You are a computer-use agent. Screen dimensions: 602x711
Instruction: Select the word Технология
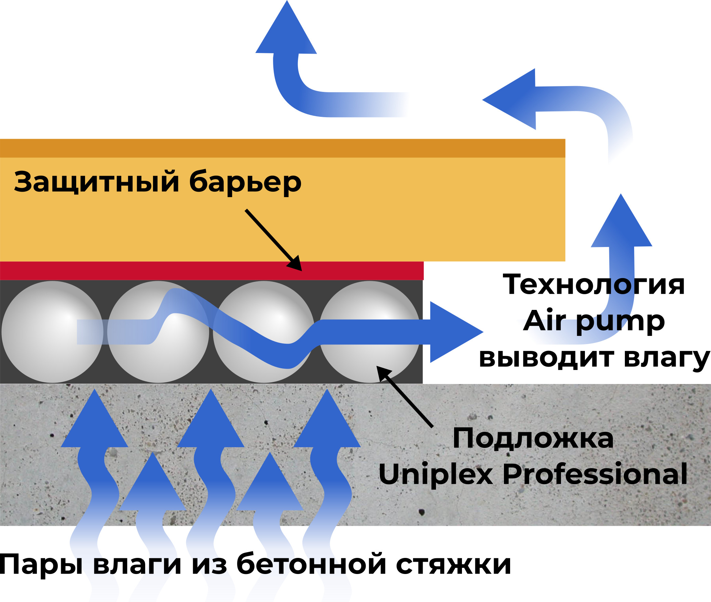[594, 284]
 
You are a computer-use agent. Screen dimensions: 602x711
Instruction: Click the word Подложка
[533, 438]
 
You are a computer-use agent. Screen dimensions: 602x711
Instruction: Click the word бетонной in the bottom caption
[311, 565]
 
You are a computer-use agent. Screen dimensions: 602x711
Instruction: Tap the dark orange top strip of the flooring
[273, 148]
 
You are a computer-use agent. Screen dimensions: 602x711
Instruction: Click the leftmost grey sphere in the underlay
[52, 332]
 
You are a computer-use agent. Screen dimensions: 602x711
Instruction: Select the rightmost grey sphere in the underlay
[369, 332]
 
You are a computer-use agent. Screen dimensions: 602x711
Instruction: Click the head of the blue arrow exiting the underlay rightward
[454, 332]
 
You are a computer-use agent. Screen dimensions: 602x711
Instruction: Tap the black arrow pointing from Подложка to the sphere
[405, 396]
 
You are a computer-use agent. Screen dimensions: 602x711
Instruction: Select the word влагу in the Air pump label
[667, 358]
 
